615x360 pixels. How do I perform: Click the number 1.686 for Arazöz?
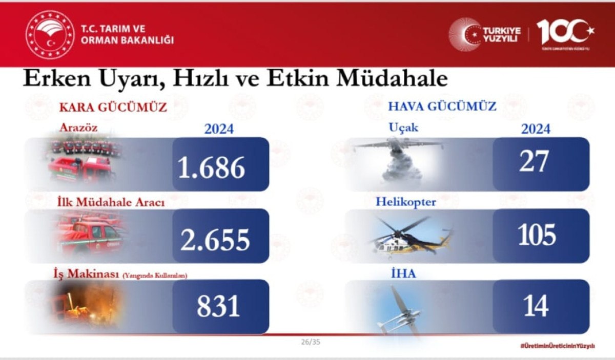tap(211, 167)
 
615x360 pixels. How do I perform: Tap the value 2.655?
tap(215, 239)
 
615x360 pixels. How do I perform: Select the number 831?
tap(218, 306)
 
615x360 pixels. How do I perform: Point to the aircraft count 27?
tap(534, 162)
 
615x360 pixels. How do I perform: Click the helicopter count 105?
tap(537, 235)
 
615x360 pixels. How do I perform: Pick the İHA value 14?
tap(536, 306)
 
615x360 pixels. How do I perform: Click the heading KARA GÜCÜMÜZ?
tap(113, 108)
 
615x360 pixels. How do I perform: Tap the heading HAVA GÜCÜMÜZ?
tap(442, 107)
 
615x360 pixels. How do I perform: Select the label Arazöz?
tap(78, 127)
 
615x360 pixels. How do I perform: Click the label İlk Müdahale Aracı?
tap(110, 202)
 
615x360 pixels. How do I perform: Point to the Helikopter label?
tap(406, 201)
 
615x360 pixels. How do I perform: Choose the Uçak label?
tap(403, 127)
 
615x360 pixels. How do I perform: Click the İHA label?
tap(403, 273)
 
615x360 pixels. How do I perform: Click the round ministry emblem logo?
tap(50, 34)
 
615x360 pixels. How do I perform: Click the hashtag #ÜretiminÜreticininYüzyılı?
tap(557, 346)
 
